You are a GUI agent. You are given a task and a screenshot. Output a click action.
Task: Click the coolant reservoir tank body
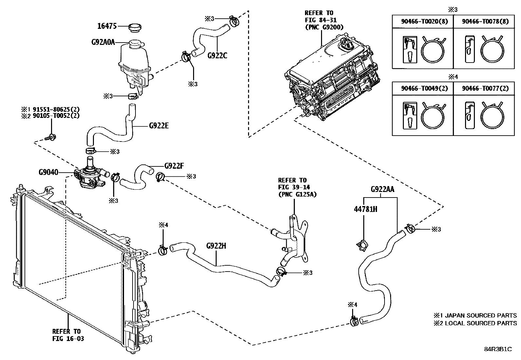(134, 62)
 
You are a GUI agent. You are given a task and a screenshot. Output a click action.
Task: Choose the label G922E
(159, 125)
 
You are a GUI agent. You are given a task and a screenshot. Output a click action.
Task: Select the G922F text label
(174, 166)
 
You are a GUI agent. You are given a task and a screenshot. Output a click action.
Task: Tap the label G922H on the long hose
(216, 246)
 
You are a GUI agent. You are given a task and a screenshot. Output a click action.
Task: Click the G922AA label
(382, 189)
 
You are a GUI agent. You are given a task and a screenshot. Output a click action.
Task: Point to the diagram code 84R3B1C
(498, 349)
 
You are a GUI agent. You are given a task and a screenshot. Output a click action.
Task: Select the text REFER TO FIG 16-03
(68, 335)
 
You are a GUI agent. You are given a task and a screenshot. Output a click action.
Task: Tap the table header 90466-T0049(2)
(422, 88)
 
